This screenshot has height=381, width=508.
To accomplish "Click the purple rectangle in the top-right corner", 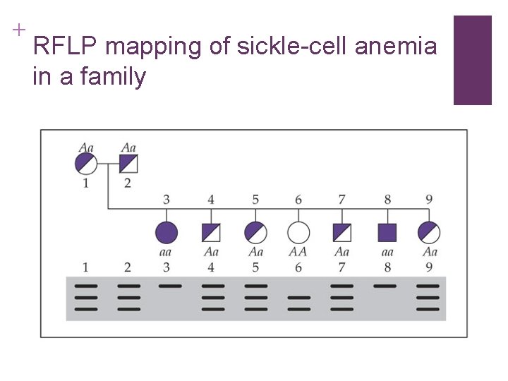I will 472,60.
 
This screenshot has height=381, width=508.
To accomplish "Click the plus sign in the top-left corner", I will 18,30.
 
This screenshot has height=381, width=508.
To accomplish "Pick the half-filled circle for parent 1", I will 86,164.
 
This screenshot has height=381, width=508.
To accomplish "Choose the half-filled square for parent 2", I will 128,164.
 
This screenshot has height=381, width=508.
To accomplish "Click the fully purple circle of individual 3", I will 167,232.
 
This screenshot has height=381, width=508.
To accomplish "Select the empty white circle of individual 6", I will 298,232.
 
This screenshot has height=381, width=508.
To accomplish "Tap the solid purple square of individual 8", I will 387,232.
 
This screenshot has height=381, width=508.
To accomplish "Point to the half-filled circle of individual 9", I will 429,232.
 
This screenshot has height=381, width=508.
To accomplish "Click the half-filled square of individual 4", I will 211,232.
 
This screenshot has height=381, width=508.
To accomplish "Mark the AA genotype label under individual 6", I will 298,252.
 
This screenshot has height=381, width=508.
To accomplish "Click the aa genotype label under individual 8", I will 387,252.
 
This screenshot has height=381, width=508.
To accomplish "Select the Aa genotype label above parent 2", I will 128,147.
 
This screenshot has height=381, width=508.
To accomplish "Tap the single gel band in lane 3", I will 170,286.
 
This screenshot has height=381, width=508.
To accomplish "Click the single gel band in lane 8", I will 385,286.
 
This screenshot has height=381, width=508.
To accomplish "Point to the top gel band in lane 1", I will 85,286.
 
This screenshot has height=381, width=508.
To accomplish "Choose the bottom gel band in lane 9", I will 428,308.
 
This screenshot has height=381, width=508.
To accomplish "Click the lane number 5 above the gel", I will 255,267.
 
